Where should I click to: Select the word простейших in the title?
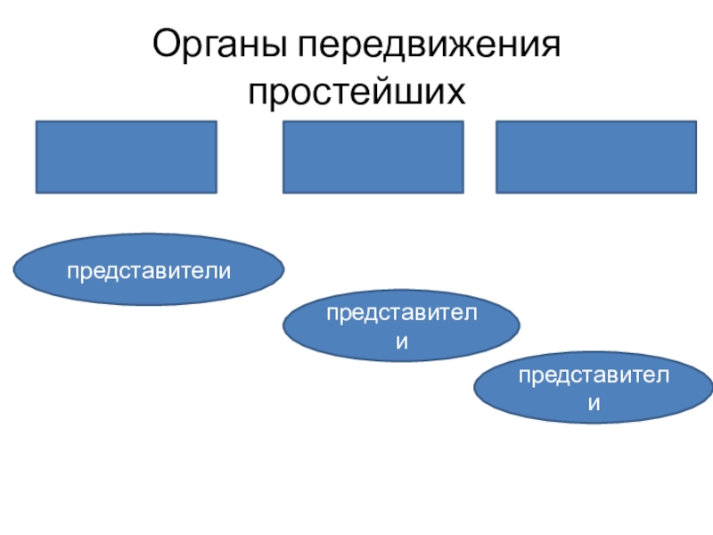[356, 92]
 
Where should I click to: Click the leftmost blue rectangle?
[126, 157]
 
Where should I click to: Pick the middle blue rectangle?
[373, 157]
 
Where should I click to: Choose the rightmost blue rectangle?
[595, 157]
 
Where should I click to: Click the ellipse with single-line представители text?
[149, 269]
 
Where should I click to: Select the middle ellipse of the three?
[401, 328]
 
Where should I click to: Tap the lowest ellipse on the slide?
[592, 391]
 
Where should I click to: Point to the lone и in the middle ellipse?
[402, 342]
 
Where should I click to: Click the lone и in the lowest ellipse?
[593, 404]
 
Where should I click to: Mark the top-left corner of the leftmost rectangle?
[37, 122]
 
